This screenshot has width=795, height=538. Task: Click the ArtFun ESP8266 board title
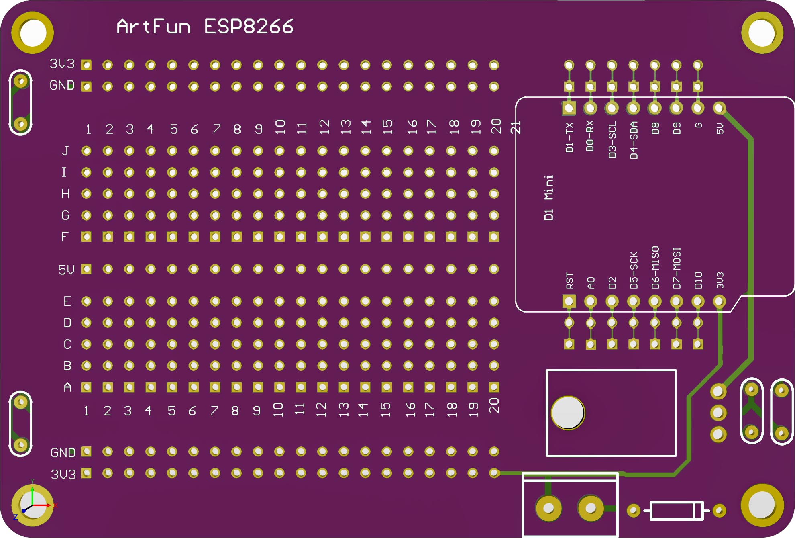[205, 27]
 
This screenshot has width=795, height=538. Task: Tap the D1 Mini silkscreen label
[548, 197]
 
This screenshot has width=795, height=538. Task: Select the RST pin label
[569, 280]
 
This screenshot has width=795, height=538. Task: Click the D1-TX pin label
[569, 137]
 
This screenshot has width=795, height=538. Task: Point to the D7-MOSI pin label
[677, 268]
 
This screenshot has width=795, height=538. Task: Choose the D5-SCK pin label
[634, 270]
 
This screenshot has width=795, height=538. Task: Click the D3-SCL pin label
[612, 139]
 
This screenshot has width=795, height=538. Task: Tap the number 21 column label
[516, 127]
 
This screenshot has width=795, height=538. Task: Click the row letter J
[65, 151]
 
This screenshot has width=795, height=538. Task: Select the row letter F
[65, 237]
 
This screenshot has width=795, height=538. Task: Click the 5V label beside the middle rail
[66, 270]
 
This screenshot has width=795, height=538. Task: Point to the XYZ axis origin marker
[32, 505]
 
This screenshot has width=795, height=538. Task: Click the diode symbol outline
[677, 511]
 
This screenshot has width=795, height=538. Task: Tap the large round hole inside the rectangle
[568, 412]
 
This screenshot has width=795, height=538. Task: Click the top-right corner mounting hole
[762, 33]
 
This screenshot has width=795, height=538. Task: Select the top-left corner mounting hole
[33, 33]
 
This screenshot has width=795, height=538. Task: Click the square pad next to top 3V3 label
[86, 65]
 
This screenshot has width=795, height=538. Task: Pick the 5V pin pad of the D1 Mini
[719, 108]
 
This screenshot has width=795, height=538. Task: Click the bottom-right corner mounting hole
[762, 505]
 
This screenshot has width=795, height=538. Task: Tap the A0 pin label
[591, 283]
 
